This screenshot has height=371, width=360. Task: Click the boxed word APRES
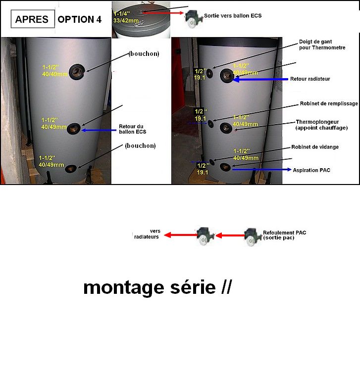[x=32, y=19]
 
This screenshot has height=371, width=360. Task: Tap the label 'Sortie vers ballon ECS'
[x=233, y=16]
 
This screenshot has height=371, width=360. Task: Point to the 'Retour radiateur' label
[x=310, y=79]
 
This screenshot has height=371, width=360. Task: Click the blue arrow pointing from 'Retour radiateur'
[x=260, y=79]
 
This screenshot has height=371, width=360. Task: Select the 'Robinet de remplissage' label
[x=324, y=104]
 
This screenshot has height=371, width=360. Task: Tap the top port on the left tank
[x=77, y=72]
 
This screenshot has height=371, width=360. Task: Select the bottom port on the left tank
[x=71, y=169]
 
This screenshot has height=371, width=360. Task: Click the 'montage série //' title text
[x=157, y=287]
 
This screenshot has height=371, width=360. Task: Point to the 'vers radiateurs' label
[x=147, y=234]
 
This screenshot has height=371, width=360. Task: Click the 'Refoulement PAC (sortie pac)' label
[x=284, y=234]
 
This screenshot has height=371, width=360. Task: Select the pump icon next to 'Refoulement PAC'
[x=252, y=236]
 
